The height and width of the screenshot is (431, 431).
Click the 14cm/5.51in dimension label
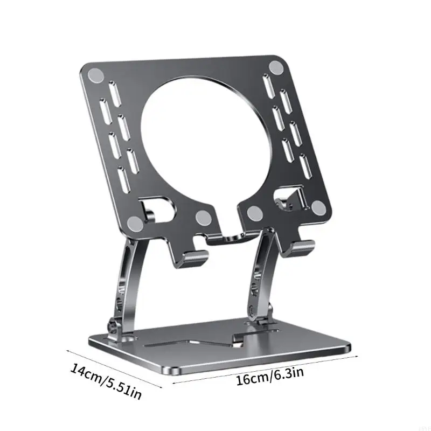(106, 381)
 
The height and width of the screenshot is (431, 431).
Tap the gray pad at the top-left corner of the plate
(96, 75)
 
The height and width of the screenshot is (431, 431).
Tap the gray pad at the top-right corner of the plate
(276, 68)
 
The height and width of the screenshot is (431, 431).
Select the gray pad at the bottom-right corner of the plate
(319, 207)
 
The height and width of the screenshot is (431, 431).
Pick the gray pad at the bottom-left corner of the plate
(136, 223)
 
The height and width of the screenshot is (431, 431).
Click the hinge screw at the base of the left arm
(113, 326)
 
